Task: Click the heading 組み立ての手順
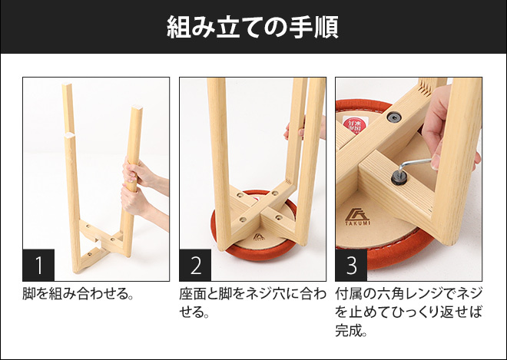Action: click(x=253, y=27)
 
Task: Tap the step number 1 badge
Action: click(x=39, y=265)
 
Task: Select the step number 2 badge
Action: click(x=195, y=265)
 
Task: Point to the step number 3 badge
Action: click(x=351, y=265)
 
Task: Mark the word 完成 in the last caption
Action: click(x=350, y=332)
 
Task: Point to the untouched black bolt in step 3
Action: click(x=394, y=117)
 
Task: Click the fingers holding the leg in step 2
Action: click(x=293, y=131)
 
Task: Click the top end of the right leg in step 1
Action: click(x=138, y=111)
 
